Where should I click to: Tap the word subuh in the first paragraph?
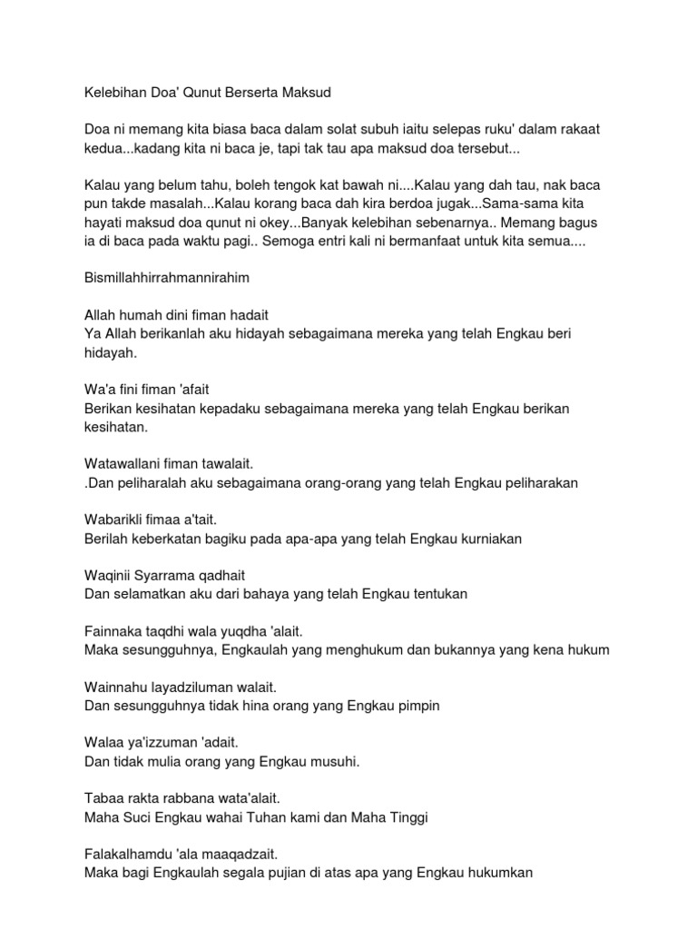pos(372,130)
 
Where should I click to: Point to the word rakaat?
pos(577,130)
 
